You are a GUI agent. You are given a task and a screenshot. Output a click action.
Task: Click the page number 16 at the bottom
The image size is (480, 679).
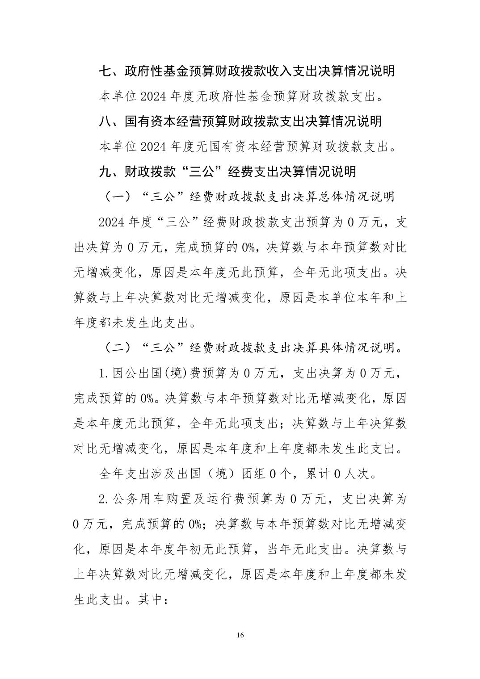coord(240,635)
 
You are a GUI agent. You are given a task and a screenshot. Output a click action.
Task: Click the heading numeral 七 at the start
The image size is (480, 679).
coord(105,71)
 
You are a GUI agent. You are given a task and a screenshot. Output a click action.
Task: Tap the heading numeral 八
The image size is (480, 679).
coord(105,121)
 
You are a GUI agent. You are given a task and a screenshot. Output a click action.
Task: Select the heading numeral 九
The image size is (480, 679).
coord(105,172)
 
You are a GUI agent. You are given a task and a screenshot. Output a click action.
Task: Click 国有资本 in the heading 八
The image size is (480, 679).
coord(150,121)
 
